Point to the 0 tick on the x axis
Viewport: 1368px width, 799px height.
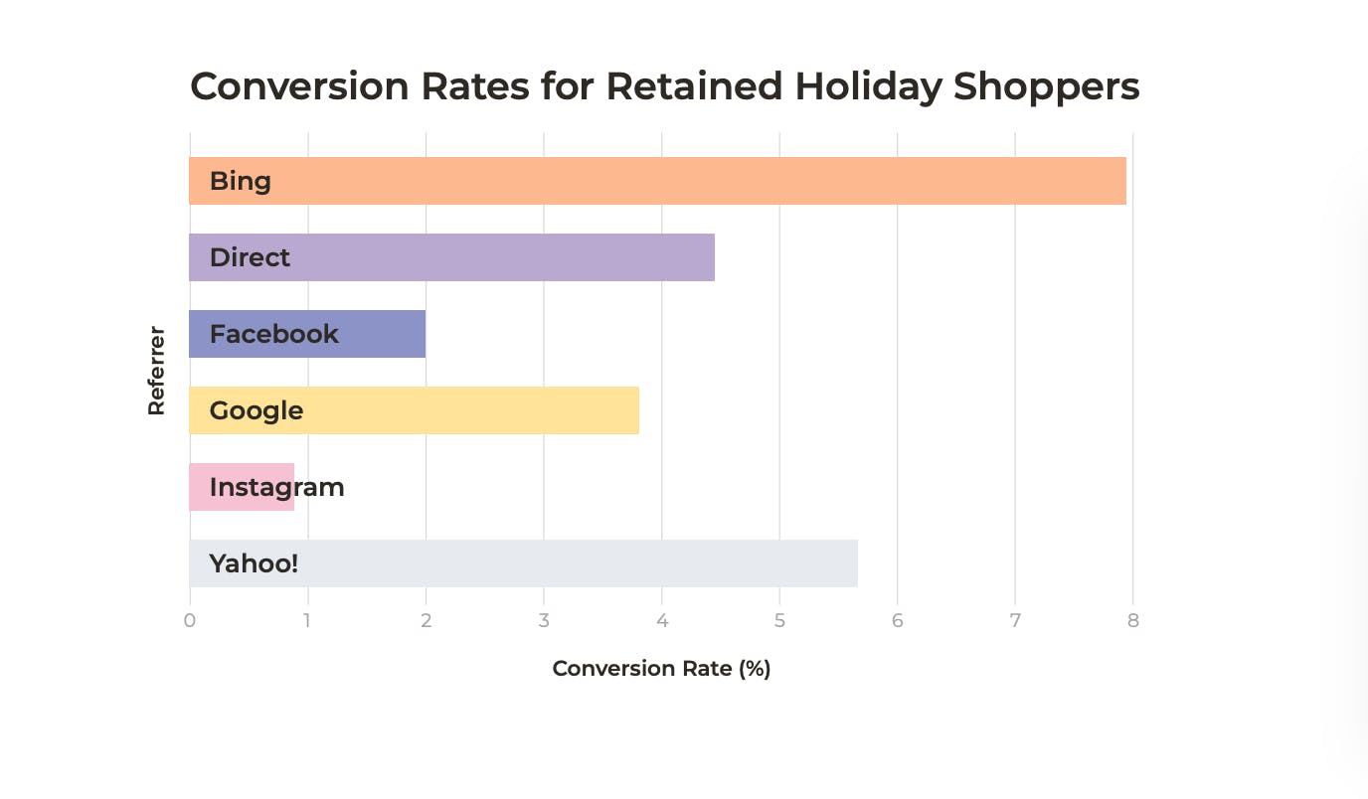(190, 621)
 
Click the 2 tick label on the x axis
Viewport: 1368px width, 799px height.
(426, 621)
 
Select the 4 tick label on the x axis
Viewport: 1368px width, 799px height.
(661, 621)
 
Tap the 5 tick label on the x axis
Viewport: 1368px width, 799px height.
(779, 621)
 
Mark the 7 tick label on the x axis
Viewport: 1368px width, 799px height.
(1015, 621)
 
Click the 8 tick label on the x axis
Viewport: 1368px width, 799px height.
(1132, 621)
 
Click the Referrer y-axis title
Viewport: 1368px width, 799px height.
(156, 371)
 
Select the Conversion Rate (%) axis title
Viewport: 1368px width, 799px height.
(661, 668)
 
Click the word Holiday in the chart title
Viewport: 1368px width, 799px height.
(867, 87)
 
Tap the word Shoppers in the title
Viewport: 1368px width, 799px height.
(1046, 87)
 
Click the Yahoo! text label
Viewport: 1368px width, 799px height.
(254, 563)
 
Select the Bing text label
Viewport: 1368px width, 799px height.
(240, 181)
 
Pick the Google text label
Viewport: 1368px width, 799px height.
(256, 410)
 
